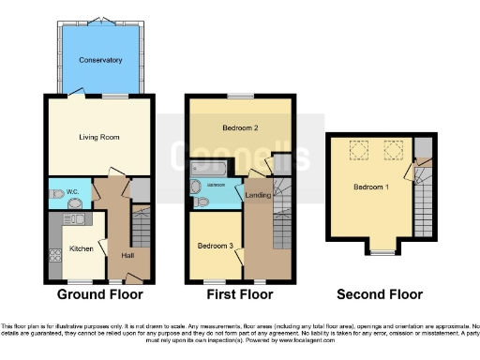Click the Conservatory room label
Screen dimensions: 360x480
(100, 60)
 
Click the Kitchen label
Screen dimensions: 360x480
(80, 249)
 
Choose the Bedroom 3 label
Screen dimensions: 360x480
(215, 246)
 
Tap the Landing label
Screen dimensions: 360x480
(258, 194)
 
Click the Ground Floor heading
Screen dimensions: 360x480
(100, 294)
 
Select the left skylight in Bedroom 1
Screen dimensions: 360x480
(357, 147)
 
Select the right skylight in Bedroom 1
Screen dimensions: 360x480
(391, 147)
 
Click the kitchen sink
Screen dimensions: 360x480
(74, 222)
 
